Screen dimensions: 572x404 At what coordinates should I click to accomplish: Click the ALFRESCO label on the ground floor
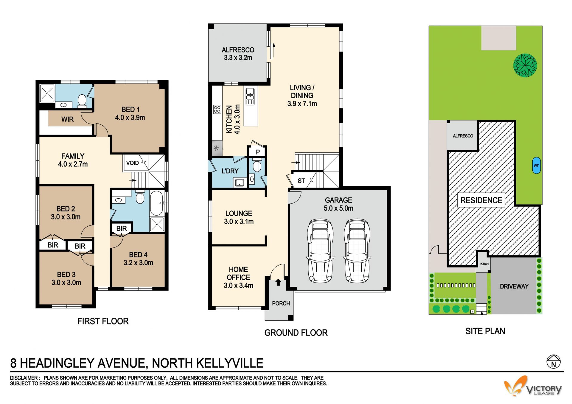[238, 50]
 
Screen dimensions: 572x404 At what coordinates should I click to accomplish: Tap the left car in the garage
[320, 251]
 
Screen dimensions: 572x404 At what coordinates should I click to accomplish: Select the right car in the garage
[357, 251]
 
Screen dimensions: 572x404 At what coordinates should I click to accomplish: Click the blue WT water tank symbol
[536, 166]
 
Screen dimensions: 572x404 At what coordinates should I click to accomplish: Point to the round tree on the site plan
[525, 65]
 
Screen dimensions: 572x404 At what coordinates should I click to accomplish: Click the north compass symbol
[554, 362]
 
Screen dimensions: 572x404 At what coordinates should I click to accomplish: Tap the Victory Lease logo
[533, 386]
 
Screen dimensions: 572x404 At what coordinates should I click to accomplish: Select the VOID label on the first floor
[132, 163]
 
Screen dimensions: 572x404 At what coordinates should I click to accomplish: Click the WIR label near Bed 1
[67, 119]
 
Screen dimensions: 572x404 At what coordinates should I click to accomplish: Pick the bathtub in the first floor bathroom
[156, 203]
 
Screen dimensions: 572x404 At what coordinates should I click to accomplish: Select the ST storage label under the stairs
[301, 181]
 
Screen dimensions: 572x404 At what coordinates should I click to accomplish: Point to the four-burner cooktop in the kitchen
[217, 109]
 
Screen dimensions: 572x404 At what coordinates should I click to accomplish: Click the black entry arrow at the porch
[278, 282]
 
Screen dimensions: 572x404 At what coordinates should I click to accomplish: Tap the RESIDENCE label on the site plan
[481, 200]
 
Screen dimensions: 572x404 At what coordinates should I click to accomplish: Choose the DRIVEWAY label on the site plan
[514, 286]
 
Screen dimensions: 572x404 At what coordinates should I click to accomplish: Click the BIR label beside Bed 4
[122, 228]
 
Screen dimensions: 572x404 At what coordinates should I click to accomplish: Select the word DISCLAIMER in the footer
[24, 378]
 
